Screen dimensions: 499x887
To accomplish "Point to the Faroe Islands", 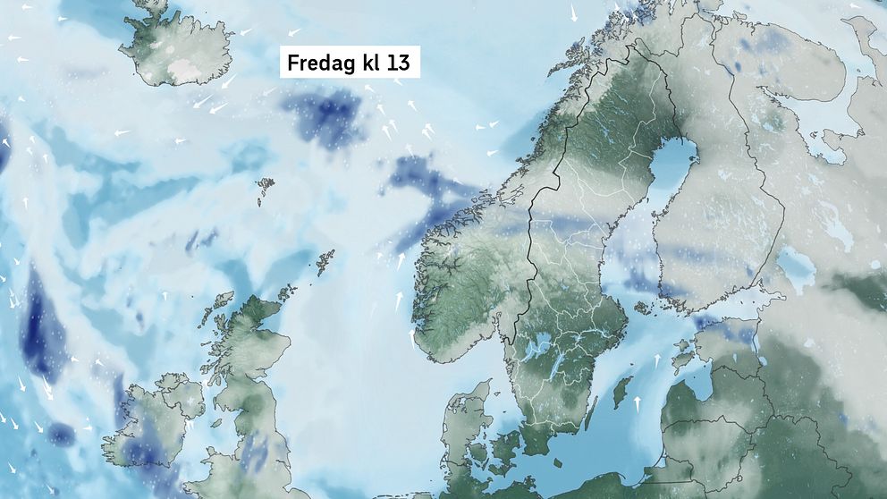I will click(x=266, y=187).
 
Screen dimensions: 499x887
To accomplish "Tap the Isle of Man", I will click(x=215, y=420).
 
